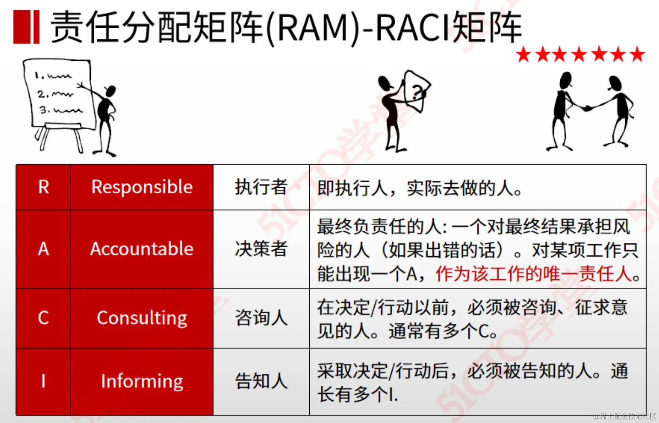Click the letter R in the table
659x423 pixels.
[44, 187]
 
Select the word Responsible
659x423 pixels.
[142, 187]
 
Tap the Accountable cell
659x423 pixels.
[142, 249]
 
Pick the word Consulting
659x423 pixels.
[142, 318]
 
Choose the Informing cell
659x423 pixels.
[142, 381]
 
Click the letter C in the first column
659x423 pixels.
[44, 318]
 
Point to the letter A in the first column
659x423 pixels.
[44, 249]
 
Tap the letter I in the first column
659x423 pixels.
[44, 381]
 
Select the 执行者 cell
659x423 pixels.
[261, 187]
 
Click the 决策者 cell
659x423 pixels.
[261, 249]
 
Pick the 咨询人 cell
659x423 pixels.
[261, 318]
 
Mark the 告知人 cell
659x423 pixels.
[261, 381]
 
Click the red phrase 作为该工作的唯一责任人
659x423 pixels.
[533, 274]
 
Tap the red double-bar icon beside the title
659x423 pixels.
[26, 27]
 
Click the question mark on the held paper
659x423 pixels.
[417, 92]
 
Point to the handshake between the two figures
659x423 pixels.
[587, 108]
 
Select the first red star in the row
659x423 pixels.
[523, 55]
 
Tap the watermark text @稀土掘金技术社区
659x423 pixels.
[625, 416]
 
